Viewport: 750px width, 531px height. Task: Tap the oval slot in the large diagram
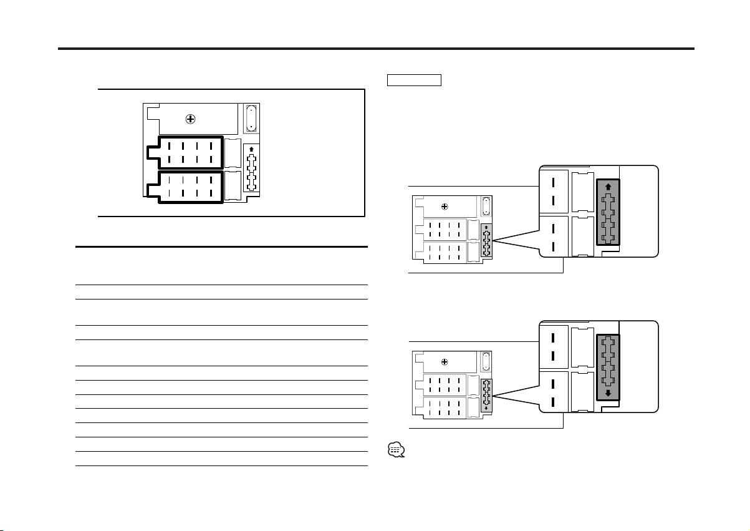click(250, 117)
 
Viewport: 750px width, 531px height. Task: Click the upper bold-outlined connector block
click(185, 152)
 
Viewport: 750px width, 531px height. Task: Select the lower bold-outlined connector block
click(185, 187)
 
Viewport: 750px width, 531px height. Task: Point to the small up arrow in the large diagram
click(251, 149)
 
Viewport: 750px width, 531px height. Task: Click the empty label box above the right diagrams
click(414, 80)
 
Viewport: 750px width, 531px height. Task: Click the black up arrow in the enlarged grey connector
click(608, 186)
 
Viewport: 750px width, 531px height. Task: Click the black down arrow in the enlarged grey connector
click(608, 393)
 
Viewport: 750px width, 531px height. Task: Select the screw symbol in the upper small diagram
click(444, 207)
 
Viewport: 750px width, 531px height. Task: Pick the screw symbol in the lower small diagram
click(444, 361)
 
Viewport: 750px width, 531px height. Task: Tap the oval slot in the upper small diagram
click(486, 206)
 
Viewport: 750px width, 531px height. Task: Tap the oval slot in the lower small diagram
click(486, 361)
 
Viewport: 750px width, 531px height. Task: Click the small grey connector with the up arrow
click(487, 240)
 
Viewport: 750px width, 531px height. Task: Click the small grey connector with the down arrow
click(487, 395)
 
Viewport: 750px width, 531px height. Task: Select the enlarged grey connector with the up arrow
click(608, 212)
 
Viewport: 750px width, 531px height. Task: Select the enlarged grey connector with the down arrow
click(608, 367)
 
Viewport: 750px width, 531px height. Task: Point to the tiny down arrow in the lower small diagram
click(487, 408)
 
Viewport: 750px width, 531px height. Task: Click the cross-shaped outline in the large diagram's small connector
click(251, 172)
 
